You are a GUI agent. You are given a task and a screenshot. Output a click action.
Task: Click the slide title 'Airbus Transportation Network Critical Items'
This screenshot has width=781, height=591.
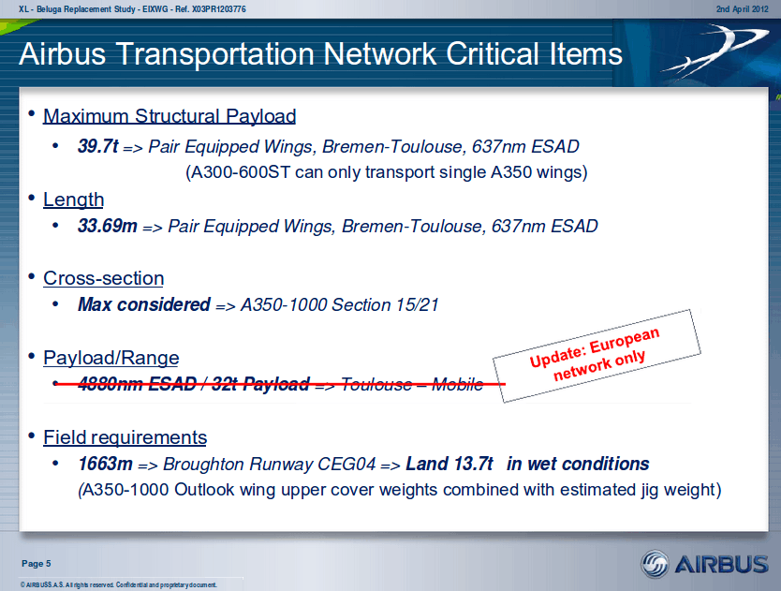(x=321, y=53)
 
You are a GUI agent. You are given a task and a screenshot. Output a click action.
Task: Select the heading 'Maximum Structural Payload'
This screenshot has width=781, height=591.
(x=169, y=116)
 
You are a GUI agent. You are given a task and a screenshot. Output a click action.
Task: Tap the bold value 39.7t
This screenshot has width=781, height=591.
(x=98, y=146)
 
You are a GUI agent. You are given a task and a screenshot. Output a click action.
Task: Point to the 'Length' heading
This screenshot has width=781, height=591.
(x=74, y=199)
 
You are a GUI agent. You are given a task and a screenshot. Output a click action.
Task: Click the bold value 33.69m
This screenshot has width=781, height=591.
(x=107, y=226)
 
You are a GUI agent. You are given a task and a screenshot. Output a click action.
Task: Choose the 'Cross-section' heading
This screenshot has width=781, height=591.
(x=104, y=278)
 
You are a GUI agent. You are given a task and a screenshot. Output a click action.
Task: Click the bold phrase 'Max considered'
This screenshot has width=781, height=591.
(x=144, y=304)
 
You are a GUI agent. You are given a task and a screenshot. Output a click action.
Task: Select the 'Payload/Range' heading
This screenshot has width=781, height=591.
(x=111, y=358)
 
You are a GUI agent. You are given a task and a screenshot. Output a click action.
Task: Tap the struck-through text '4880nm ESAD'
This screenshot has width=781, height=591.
(x=138, y=384)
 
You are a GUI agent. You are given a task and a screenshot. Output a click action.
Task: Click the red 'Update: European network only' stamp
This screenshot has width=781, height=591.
(x=597, y=355)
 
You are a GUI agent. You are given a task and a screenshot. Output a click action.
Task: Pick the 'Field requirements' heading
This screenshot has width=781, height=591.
(x=125, y=437)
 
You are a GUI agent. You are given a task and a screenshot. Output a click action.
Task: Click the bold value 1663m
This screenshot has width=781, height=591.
(x=105, y=464)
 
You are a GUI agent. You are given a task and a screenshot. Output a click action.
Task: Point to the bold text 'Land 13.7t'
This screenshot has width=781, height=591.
(x=449, y=464)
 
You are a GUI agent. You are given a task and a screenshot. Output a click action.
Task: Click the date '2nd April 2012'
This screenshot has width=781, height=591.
(x=743, y=9)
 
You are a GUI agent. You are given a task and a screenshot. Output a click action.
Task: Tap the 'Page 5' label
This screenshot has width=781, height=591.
(x=37, y=564)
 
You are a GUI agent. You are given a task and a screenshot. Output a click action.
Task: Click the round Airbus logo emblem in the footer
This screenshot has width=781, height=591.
(x=655, y=565)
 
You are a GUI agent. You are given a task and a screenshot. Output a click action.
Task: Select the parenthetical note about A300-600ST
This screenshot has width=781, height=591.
(x=387, y=172)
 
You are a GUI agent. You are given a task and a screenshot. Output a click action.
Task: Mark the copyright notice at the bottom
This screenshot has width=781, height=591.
(x=119, y=584)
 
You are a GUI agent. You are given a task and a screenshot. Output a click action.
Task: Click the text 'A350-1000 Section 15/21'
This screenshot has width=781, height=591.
(x=340, y=304)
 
